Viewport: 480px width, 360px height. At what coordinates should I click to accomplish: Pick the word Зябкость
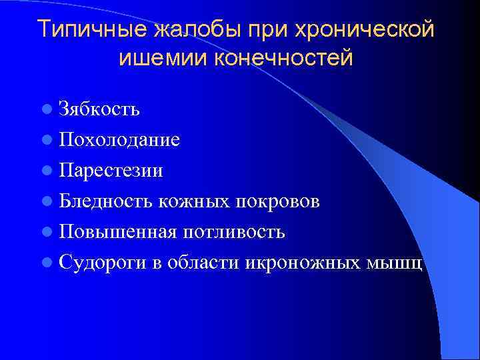[99, 109]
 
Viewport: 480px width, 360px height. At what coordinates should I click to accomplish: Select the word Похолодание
[119, 139]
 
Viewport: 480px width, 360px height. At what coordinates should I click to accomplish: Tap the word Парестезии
[111, 170]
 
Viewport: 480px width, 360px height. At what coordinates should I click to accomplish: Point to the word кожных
[190, 201]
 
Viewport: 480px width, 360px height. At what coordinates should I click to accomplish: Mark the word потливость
[233, 231]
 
